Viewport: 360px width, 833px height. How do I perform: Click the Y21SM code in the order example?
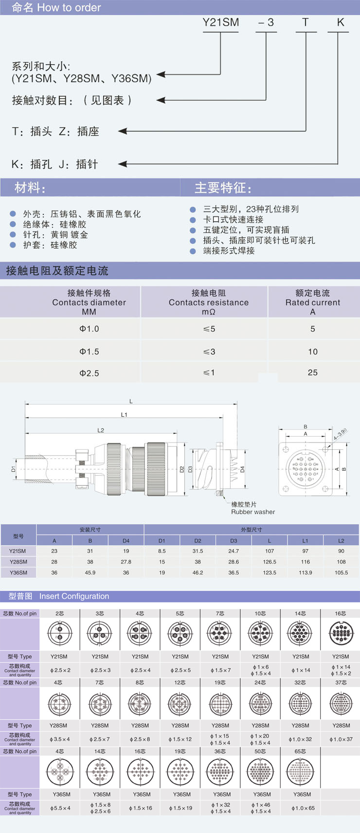pyautogui.click(x=220, y=22)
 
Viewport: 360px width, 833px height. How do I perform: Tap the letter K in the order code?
pyautogui.click(x=341, y=22)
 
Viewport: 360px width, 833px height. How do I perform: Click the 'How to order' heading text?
pyautogui.click(x=69, y=8)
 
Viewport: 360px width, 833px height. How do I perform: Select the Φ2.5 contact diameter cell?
pyautogui.click(x=89, y=373)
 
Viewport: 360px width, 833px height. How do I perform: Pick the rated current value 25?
pyautogui.click(x=312, y=372)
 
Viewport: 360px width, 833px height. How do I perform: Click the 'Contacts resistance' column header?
pyautogui.click(x=208, y=302)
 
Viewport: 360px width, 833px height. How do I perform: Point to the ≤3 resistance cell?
pyautogui.click(x=209, y=352)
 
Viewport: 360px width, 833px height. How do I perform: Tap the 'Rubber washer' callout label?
pyautogui.click(x=252, y=512)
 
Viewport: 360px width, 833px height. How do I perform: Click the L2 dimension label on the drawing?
pyautogui.click(x=101, y=430)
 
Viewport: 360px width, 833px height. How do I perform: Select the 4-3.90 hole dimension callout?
pyautogui.click(x=340, y=434)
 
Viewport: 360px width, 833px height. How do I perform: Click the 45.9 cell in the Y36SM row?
pyautogui.click(x=90, y=572)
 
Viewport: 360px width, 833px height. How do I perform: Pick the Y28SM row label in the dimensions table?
pyautogui.click(x=18, y=562)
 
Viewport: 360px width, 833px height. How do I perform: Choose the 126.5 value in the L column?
pyautogui.click(x=269, y=562)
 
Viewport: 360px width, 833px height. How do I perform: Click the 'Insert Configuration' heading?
pyautogui.click(x=74, y=596)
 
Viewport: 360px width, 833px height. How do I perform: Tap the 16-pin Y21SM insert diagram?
pyautogui.click(x=340, y=634)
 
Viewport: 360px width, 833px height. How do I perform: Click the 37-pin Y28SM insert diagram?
pyautogui.click(x=341, y=703)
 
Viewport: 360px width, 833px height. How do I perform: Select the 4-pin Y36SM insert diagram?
pyautogui.click(x=60, y=772)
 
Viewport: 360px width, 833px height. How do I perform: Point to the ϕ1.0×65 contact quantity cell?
pyautogui.click(x=303, y=808)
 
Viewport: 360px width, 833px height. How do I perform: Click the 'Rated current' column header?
pyautogui.click(x=312, y=302)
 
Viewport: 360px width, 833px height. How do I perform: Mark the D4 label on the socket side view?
pyautogui.click(x=242, y=469)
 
